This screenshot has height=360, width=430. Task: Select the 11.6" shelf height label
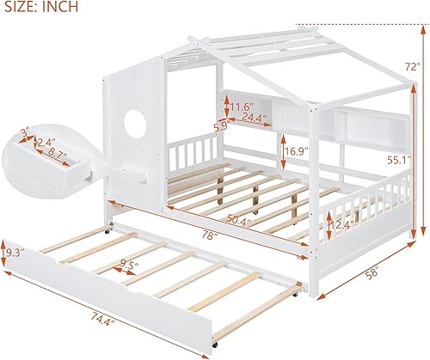point(242,107)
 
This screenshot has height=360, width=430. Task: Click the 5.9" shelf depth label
point(220,125)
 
